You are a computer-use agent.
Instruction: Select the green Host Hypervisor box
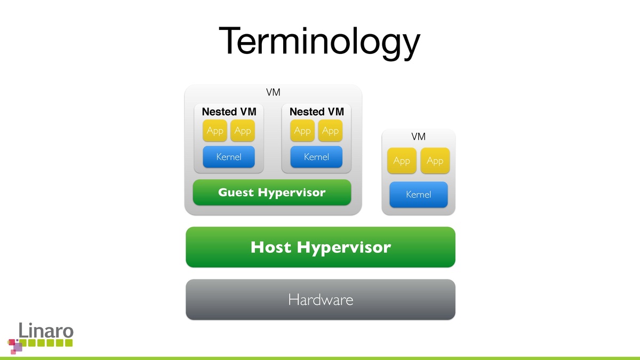coord(321,247)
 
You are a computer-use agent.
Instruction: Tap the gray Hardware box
coord(321,299)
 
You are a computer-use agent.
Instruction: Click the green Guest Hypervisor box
coord(271,193)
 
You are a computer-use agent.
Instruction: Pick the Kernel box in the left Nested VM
coord(229,157)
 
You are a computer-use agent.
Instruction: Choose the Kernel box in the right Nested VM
coord(316,157)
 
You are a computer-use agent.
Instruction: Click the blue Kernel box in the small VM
coord(419,195)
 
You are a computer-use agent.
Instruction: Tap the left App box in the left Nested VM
coord(215,131)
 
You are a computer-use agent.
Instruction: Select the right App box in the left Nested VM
coord(243,131)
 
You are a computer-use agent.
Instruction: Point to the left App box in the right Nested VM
coord(302,131)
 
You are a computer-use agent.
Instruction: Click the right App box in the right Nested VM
coord(330,131)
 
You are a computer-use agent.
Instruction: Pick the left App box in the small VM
coord(402,161)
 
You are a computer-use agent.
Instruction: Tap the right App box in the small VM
coord(435,161)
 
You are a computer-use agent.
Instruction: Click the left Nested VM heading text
coord(229,112)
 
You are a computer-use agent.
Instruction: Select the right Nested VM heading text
coord(316,112)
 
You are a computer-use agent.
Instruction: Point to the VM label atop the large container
coord(273,93)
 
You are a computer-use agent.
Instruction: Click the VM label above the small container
coord(419,137)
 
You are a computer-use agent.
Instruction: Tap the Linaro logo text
coord(46,330)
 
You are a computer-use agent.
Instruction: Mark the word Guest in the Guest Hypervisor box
coord(236,193)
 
